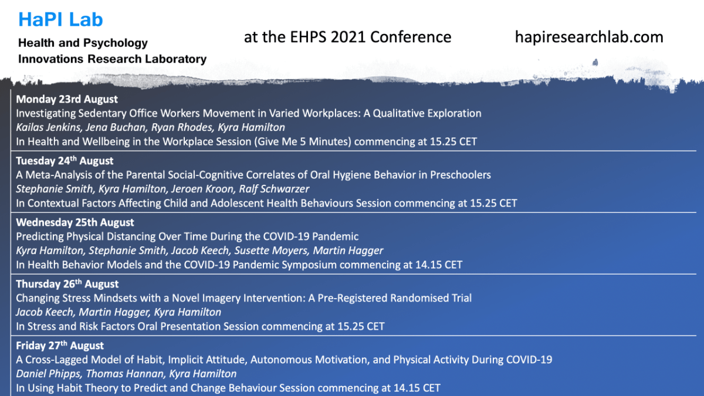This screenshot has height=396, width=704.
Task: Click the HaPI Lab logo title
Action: click(x=60, y=19)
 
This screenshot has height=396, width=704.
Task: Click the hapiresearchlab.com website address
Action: click(x=589, y=37)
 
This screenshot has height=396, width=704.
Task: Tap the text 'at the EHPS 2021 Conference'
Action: click(x=347, y=37)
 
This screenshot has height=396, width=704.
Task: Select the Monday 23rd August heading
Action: click(x=67, y=99)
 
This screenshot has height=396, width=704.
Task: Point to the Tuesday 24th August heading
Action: click(x=65, y=161)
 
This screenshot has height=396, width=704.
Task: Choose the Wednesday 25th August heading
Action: click(x=75, y=222)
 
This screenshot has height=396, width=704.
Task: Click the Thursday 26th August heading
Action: click(x=67, y=284)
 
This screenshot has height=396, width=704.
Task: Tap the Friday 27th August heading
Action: click(x=59, y=346)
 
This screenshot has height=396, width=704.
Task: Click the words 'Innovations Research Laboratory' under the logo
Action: click(x=112, y=59)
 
